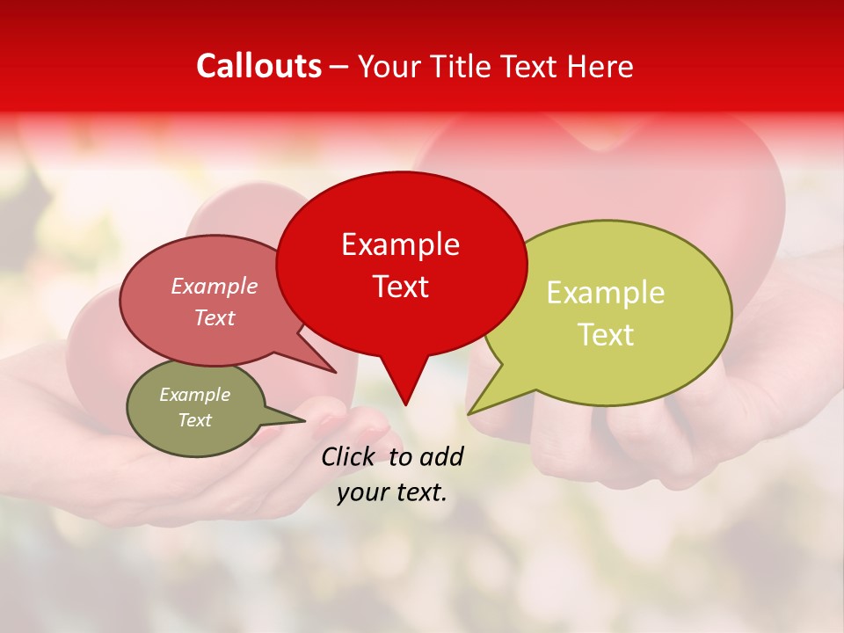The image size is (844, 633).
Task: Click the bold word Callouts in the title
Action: click(258, 66)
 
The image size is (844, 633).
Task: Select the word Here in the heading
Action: click(601, 66)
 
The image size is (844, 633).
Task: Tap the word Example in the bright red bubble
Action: click(400, 244)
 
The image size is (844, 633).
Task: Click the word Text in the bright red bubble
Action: click(400, 287)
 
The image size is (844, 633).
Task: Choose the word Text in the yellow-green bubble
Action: click(606, 335)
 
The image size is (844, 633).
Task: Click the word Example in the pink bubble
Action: click(214, 287)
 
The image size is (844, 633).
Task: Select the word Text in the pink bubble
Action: click(215, 318)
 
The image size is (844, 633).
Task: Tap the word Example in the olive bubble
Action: click(194, 395)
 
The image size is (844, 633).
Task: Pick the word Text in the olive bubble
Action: click(194, 420)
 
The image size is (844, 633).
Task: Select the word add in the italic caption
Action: click(440, 456)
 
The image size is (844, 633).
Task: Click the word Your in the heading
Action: click(388, 66)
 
